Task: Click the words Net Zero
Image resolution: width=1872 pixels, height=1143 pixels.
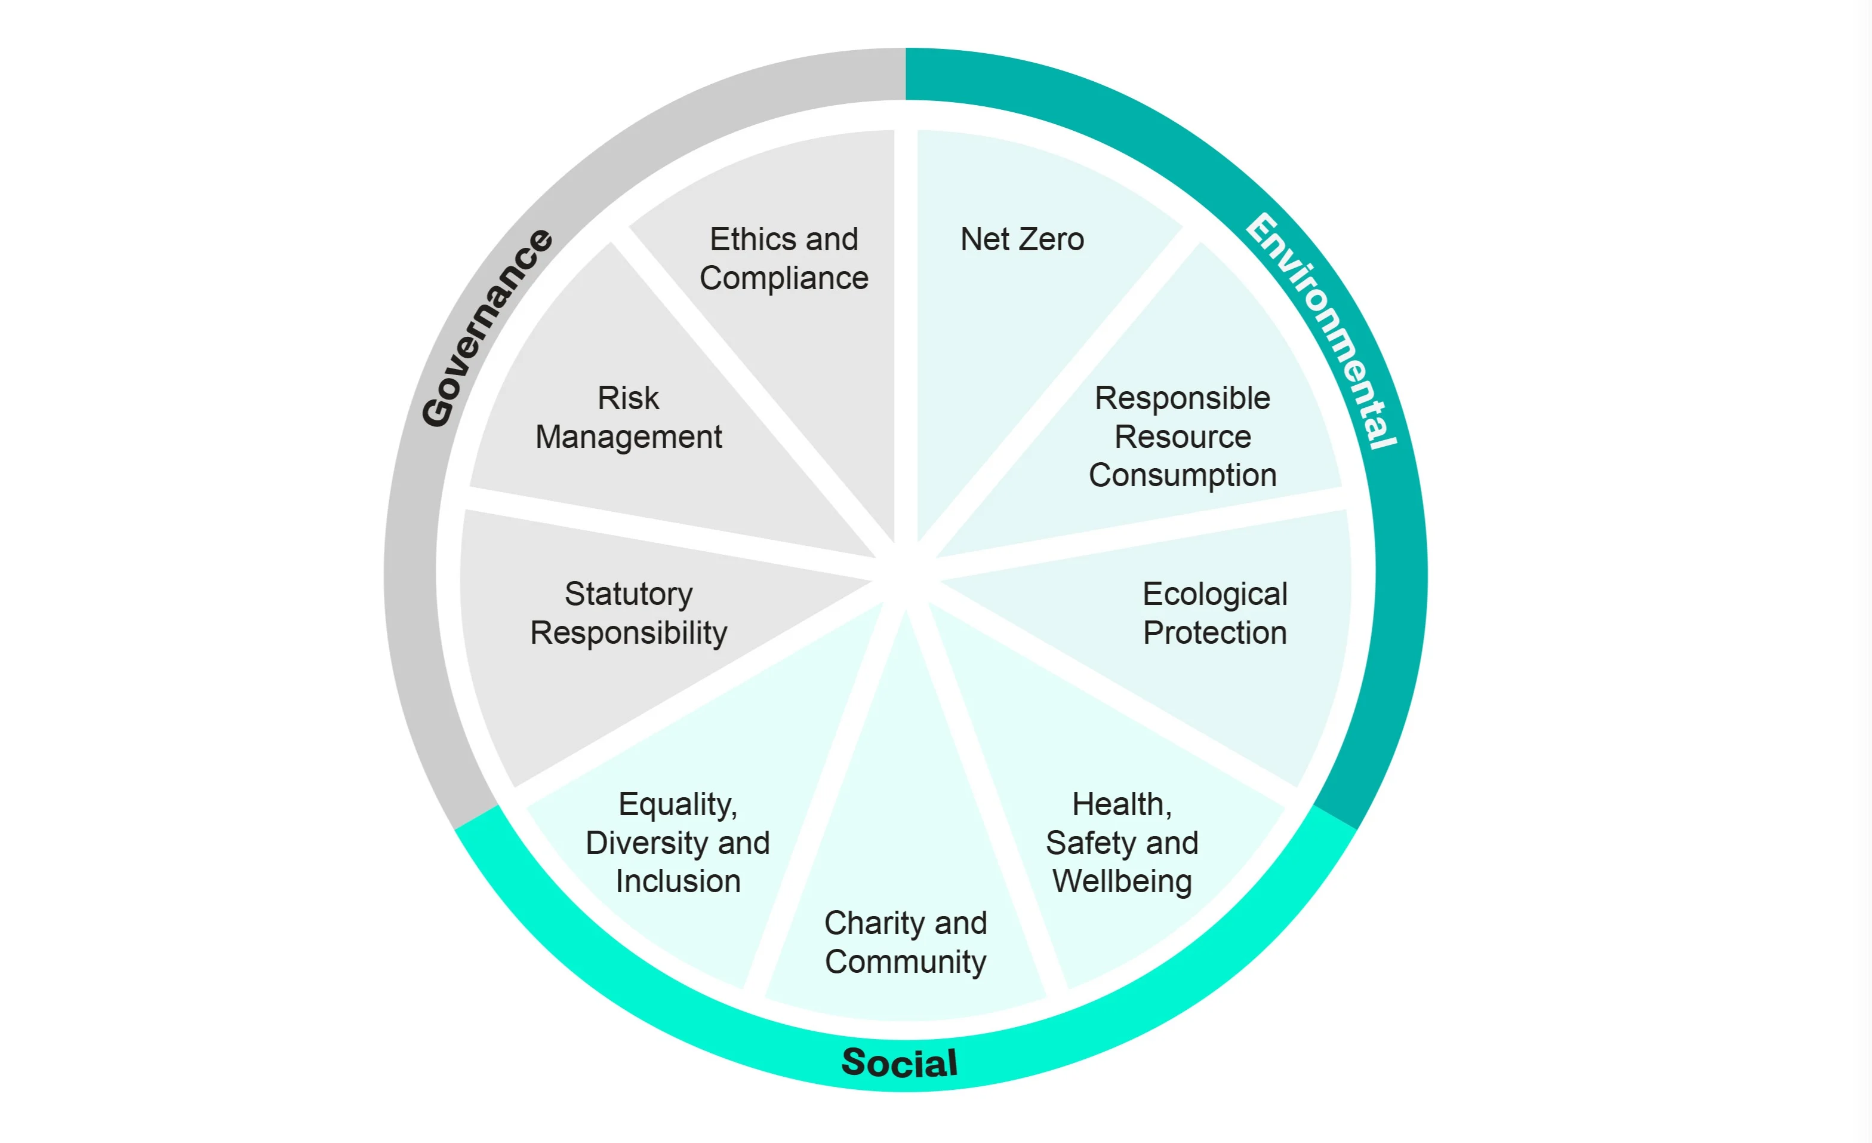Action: pyautogui.click(x=1022, y=239)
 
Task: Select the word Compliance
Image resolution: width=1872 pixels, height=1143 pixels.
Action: pyautogui.click(x=784, y=278)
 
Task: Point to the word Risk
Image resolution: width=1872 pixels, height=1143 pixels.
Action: pyautogui.click(x=629, y=398)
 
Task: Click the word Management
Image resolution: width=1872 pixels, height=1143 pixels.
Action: pyautogui.click(x=629, y=437)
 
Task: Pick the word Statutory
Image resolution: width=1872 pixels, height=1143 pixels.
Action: pyautogui.click(x=629, y=594)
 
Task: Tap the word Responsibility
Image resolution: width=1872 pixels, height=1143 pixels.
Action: pyautogui.click(x=629, y=633)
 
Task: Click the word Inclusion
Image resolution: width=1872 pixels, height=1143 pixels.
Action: pyautogui.click(x=678, y=881)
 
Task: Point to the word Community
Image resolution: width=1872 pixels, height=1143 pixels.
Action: pyautogui.click(x=906, y=962)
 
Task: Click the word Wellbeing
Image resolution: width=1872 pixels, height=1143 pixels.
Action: pyautogui.click(x=1122, y=881)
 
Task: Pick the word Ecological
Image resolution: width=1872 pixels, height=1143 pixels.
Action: pyautogui.click(x=1215, y=594)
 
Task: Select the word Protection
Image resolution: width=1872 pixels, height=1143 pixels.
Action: pyautogui.click(x=1215, y=633)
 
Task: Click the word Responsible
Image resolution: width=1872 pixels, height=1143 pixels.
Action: pyautogui.click(x=1182, y=398)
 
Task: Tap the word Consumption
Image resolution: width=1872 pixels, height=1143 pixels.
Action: pyautogui.click(x=1182, y=476)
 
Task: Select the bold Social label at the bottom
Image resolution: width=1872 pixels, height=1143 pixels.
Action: pyautogui.click(x=900, y=1062)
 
